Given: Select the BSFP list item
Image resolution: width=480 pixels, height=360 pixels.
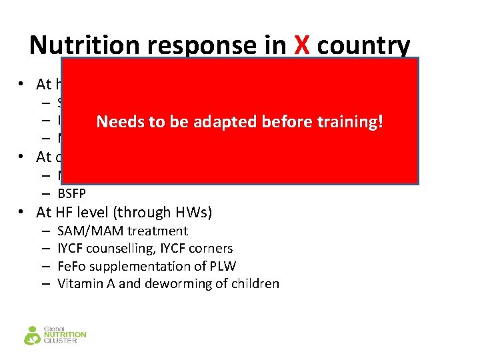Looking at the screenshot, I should coord(71,194).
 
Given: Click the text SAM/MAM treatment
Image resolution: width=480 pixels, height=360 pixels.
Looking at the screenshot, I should coord(123,231).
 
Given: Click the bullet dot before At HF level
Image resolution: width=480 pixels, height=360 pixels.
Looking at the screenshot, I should coord(23,213).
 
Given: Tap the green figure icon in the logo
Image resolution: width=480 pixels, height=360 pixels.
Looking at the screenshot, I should coord(32,335).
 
